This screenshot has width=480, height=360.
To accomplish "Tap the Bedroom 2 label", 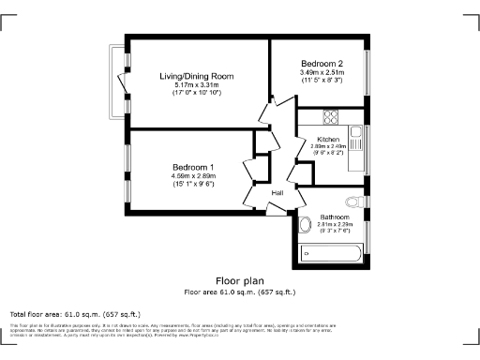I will [x=322, y=63].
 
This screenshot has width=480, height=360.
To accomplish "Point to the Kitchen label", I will [x=328, y=139].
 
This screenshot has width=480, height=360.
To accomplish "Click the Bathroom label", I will [x=335, y=217].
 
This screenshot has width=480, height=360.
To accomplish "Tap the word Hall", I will [x=277, y=193].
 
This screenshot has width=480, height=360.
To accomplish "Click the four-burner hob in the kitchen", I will [x=330, y=117].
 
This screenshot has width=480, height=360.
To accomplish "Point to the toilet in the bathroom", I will [x=353, y=201].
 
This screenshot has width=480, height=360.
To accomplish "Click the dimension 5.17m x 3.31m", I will [x=195, y=85].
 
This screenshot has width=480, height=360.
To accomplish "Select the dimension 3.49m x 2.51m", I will [x=322, y=72].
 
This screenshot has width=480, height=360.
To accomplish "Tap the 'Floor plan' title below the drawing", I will [x=240, y=280].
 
